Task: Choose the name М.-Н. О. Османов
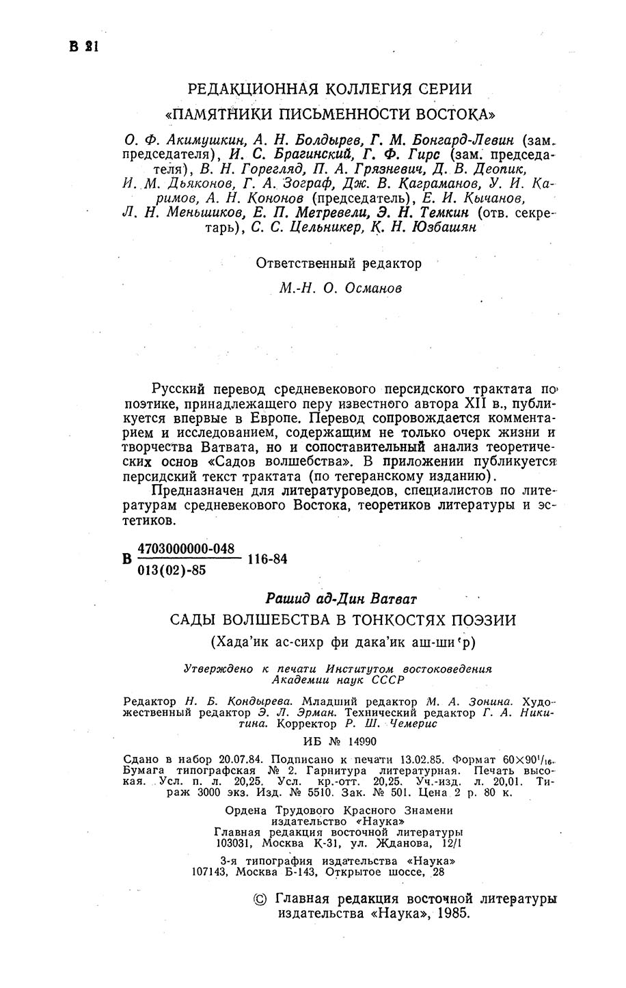click(x=341, y=289)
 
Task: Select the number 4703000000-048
click(x=187, y=548)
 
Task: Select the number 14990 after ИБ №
click(x=358, y=742)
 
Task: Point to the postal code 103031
click(x=232, y=844)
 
